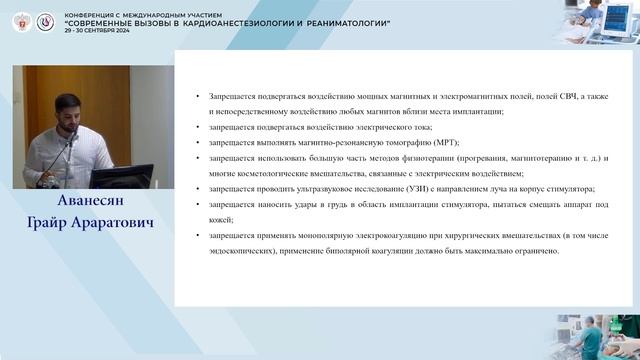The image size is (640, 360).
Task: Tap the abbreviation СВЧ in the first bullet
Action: [530, 95]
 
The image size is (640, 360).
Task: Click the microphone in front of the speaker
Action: [71, 140]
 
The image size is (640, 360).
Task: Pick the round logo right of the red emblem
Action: [45, 21]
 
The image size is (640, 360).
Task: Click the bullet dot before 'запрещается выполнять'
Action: [200, 143]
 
